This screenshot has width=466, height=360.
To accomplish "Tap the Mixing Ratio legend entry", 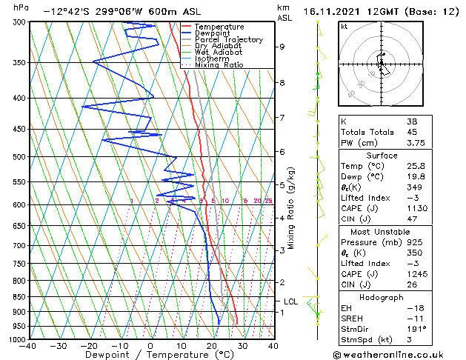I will (x=219, y=65).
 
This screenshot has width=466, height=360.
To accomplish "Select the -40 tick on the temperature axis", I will (x=28, y=346).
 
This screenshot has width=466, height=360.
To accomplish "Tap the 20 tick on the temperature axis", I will (x=212, y=346).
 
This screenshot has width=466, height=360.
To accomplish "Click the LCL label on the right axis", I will (x=291, y=301).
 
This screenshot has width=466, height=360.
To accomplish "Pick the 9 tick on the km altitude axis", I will (x=282, y=47).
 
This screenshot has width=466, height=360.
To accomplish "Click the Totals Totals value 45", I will (x=412, y=133).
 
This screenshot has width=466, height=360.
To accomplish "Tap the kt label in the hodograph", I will (x=344, y=27).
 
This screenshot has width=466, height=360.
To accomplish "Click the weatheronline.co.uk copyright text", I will (x=399, y=353).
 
